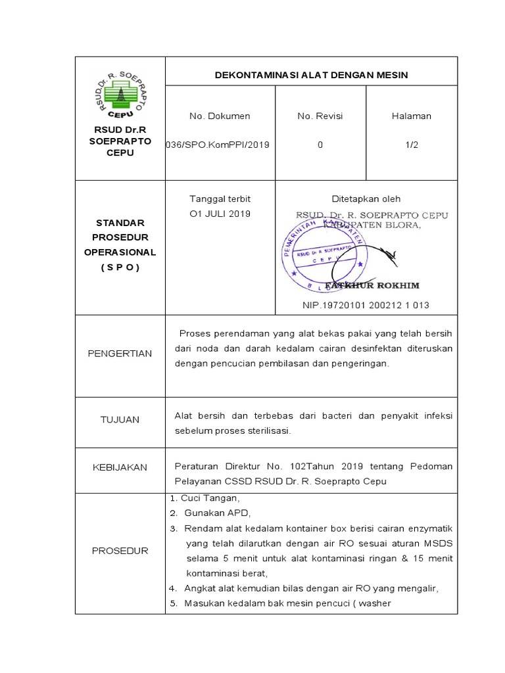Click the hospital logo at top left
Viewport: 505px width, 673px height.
click(120, 95)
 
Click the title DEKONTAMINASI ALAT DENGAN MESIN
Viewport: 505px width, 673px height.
click(311, 75)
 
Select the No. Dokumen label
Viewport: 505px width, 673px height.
click(220, 116)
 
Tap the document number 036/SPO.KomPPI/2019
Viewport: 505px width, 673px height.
click(219, 145)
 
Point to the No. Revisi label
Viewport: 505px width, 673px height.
click(320, 116)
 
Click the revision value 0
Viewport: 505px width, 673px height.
click(320, 145)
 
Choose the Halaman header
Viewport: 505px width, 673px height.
click(411, 116)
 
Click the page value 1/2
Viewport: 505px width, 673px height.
click(412, 145)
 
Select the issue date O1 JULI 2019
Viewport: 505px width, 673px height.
click(220, 214)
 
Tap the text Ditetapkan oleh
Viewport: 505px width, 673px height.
click(366, 199)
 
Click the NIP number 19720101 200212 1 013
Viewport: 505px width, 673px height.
click(366, 305)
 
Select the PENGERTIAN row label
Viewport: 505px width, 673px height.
click(120, 354)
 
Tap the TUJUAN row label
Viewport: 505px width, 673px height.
click(120, 419)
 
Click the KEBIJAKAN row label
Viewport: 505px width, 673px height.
click(120, 467)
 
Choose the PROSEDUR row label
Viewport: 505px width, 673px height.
click(120, 551)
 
